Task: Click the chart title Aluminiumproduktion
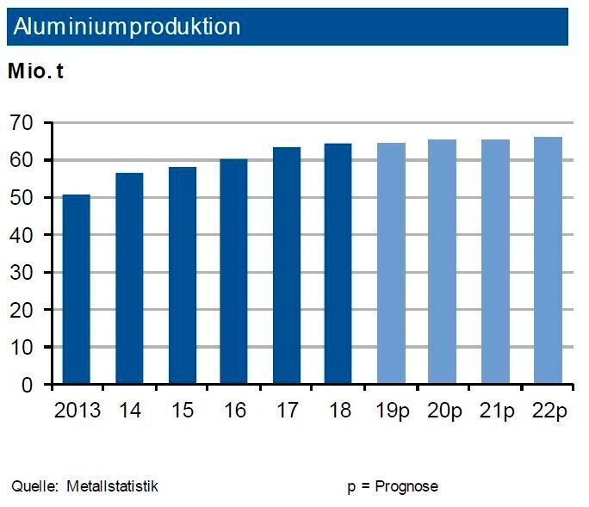[126, 27]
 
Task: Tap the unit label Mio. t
[35, 71]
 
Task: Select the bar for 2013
[76, 289]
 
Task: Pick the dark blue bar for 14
[129, 278]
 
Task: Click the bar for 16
[233, 271]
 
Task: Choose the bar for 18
[338, 263]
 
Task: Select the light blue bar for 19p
[391, 263]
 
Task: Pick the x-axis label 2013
[77, 411]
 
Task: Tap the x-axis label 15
[181, 411]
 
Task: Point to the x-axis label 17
[286, 411]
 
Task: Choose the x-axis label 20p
[443, 411]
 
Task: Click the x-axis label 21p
[496, 411]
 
